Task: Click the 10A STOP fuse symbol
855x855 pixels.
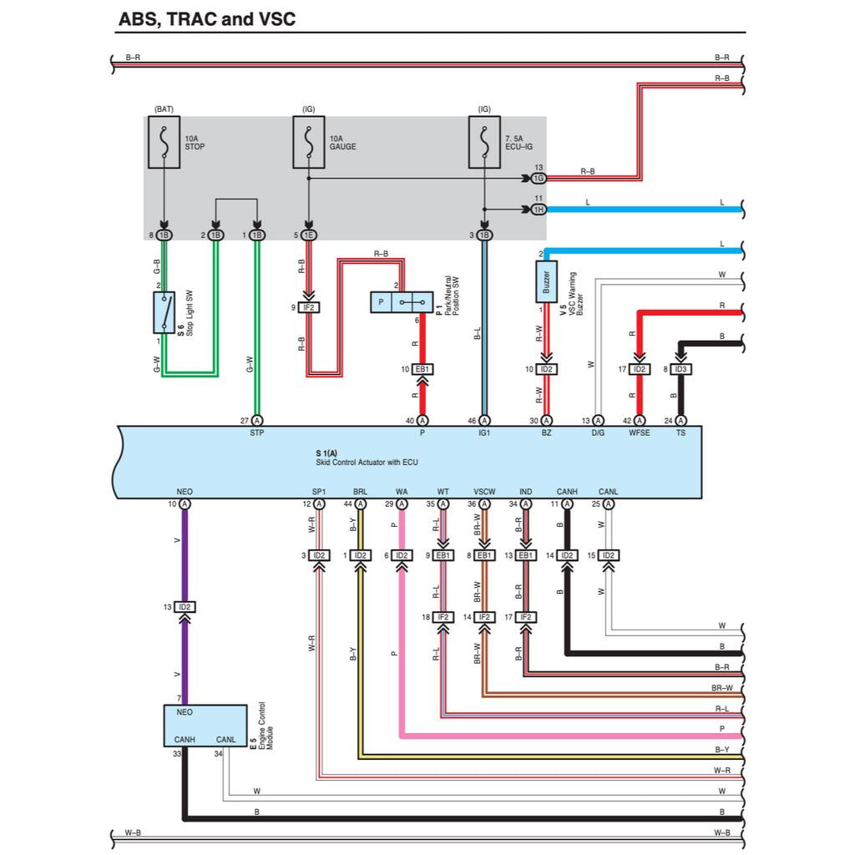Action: click(164, 142)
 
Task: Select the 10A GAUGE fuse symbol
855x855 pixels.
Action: click(308, 142)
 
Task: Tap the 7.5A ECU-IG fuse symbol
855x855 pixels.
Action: click(484, 142)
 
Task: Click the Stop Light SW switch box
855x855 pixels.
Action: click(164, 312)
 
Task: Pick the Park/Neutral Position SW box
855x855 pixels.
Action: click(402, 301)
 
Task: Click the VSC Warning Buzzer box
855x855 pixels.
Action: click(546, 281)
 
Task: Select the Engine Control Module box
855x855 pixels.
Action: click(205, 725)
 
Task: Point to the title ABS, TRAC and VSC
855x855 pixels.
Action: click(207, 19)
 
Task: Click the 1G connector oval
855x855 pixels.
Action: click(539, 178)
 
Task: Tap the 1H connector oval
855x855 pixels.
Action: click(539, 209)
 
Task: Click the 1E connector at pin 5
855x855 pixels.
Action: click(309, 235)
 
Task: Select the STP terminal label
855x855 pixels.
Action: click(257, 433)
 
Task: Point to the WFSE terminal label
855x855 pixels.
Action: click(639, 433)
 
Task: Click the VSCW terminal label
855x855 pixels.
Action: click(484, 492)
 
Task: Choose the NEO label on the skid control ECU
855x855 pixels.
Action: click(185, 492)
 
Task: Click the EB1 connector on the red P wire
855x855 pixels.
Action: click(422, 369)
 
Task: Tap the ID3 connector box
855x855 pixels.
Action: click(680, 369)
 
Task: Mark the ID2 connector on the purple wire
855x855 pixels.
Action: click(185, 607)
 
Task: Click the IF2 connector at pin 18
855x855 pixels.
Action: click(443, 617)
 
